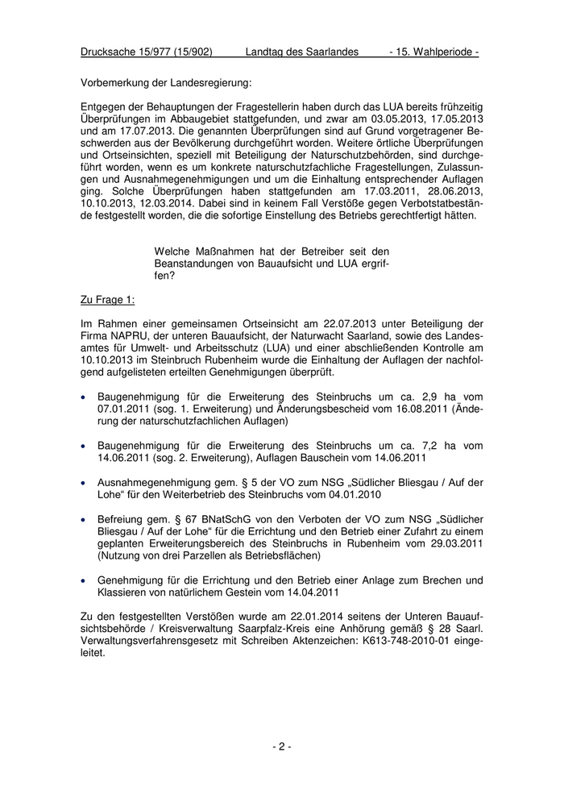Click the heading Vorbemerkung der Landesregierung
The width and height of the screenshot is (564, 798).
click(x=166, y=82)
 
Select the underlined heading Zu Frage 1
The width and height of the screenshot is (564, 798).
click(x=108, y=300)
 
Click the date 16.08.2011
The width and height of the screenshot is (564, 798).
click(x=409, y=410)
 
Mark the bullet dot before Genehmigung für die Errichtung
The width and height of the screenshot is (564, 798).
click(x=85, y=580)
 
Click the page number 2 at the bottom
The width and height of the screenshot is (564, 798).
click(x=282, y=746)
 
